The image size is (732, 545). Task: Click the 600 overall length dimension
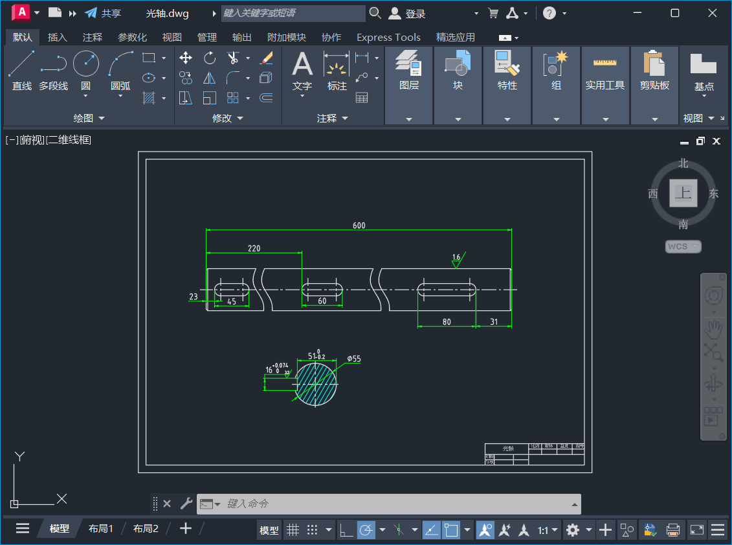tap(359, 226)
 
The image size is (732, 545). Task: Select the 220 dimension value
tap(254, 248)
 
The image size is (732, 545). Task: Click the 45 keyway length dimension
tap(231, 301)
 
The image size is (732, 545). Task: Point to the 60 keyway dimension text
tap(322, 301)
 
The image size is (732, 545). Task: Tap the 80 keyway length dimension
tap(447, 322)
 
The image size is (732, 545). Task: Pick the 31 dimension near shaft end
tap(494, 322)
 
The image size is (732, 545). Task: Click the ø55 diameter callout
tap(354, 358)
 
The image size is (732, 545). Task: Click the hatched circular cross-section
tap(316, 383)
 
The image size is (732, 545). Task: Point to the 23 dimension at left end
tap(193, 297)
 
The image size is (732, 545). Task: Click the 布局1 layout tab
tap(101, 529)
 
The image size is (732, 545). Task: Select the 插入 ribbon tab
tap(58, 38)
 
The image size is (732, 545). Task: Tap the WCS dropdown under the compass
tap(683, 246)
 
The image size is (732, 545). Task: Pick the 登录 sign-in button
tap(408, 14)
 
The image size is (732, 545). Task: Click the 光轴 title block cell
tap(507, 448)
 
